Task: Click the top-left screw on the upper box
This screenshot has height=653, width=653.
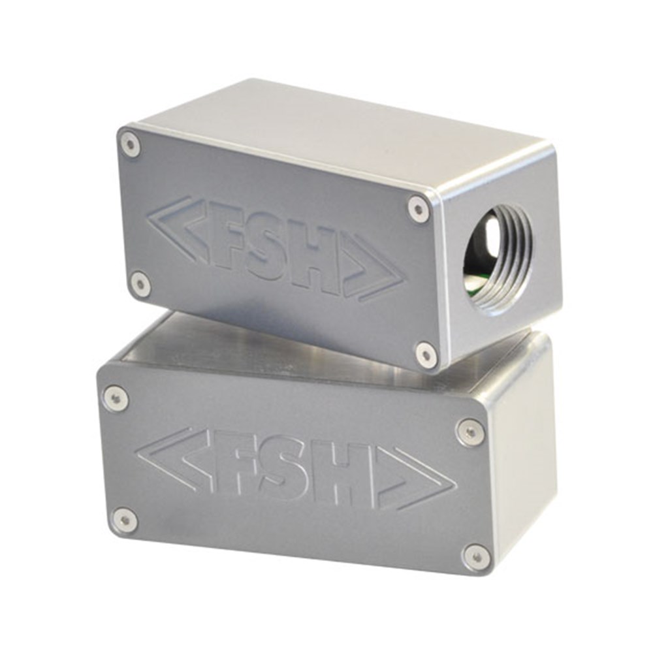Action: pos(132,145)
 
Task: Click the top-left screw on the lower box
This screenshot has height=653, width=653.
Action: pos(114,396)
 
